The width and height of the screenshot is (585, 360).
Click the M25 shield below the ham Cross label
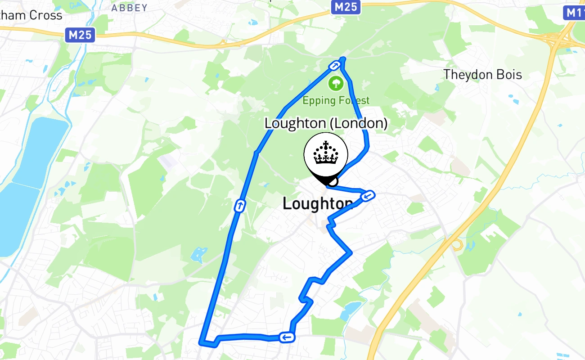(80, 35)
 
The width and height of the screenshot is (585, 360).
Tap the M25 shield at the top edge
(347, 6)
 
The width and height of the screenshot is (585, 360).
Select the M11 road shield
(575, 12)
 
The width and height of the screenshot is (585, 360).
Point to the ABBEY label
(130, 8)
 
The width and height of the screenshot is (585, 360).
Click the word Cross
(46, 15)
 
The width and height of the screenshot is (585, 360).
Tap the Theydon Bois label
(482, 74)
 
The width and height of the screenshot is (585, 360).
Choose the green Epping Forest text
(336, 100)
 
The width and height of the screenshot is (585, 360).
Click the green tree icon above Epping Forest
(335, 83)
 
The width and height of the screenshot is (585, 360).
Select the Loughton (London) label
(326, 123)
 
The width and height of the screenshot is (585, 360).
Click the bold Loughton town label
(317, 204)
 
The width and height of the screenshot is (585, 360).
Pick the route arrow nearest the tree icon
(335, 66)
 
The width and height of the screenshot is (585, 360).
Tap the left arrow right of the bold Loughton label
(368, 196)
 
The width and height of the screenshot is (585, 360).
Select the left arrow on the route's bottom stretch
(286, 337)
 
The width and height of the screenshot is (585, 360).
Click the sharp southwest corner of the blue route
(202, 343)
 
